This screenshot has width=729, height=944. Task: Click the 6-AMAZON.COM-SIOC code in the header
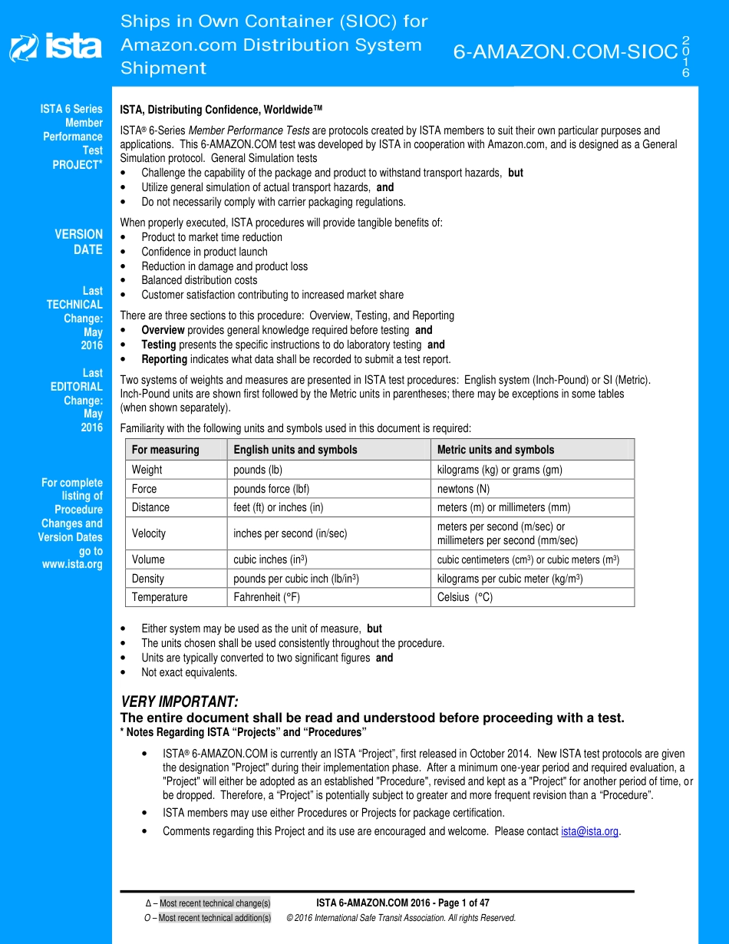pyautogui.click(x=566, y=52)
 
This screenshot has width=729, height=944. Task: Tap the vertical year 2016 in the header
pyautogui.click(x=685, y=56)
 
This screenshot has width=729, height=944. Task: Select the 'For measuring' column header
pyautogui.click(x=165, y=450)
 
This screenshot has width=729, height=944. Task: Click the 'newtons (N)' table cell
pyautogui.click(x=463, y=489)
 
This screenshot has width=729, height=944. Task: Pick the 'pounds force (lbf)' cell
pyautogui.click(x=271, y=489)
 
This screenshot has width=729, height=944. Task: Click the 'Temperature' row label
pyautogui.click(x=159, y=597)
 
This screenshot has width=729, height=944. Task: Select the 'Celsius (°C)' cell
pyautogui.click(x=464, y=597)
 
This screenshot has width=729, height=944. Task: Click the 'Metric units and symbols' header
pyautogui.click(x=495, y=450)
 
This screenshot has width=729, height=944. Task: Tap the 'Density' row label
pyautogui.click(x=147, y=579)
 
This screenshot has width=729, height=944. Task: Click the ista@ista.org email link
pyautogui.click(x=589, y=831)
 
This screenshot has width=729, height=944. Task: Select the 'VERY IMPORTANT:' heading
pyautogui.click(x=180, y=702)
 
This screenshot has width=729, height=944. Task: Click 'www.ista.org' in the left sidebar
pyautogui.click(x=72, y=565)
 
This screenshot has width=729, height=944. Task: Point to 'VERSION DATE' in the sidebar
pyautogui.click(x=78, y=242)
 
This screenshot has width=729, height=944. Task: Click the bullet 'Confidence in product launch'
pyautogui.click(x=204, y=252)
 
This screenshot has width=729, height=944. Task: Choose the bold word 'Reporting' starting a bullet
pyautogui.click(x=164, y=359)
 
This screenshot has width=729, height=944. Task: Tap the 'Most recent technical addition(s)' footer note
pyautogui.click(x=214, y=918)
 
